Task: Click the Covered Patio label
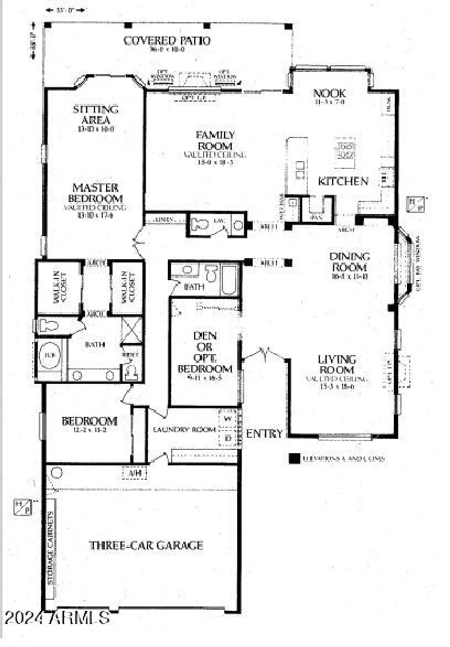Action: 167,41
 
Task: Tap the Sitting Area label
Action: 95,115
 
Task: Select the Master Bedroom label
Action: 95,193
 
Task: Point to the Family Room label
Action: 215,141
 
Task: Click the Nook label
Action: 329,93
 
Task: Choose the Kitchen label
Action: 343,182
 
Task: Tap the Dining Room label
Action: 349,262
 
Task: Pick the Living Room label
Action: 337,364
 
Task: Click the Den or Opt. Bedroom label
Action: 205,352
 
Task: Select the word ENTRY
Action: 264,434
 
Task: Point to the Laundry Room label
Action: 184,430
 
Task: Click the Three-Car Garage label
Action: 146,546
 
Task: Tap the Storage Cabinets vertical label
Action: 50,548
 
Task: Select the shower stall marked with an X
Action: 131,330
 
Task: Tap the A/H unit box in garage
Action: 135,473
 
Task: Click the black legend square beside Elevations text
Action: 294,459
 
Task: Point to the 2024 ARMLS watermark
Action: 57,618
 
